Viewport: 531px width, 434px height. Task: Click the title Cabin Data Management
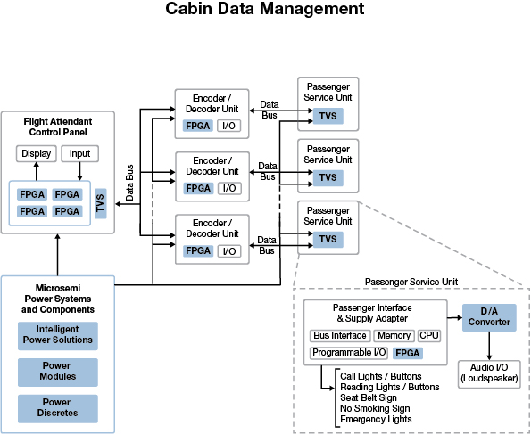click(265, 10)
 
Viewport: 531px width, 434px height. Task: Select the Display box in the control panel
click(37, 154)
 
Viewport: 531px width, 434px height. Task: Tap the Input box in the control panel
click(79, 154)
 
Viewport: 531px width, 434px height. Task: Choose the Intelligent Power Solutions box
click(57, 335)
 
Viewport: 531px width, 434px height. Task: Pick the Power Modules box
click(57, 372)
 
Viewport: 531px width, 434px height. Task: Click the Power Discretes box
click(57, 408)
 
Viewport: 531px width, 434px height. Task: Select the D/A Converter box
click(489, 317)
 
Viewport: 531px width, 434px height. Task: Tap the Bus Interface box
click(340, 336)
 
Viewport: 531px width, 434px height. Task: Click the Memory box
click(394, 336)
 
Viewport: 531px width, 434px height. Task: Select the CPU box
click(429, 336)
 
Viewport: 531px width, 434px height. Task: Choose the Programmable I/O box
click(349, 353)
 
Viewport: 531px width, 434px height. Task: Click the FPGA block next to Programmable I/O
click(407, 353)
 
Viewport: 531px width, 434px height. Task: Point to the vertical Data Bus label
click(129, 182)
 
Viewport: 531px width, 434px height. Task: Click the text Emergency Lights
click(376, 419)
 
